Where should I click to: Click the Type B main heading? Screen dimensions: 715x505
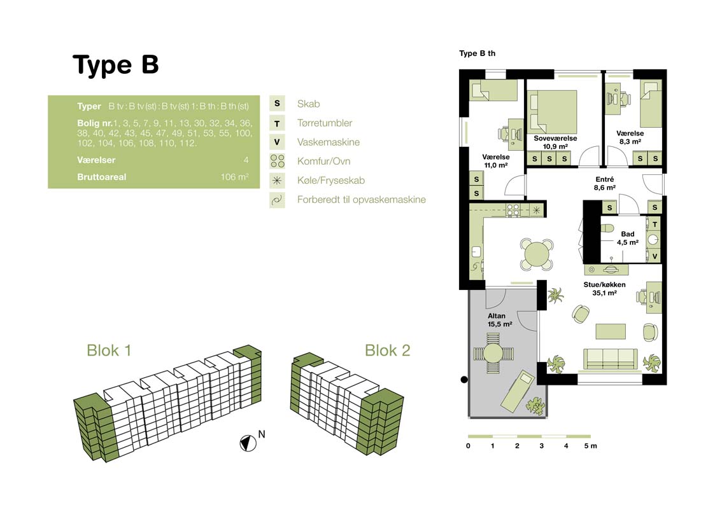[x=116, y=65]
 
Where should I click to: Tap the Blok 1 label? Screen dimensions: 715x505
[x=109, y=350]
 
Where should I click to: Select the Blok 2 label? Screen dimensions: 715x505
[x=388, y=350]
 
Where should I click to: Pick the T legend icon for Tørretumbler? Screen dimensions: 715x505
[x=277, y=123]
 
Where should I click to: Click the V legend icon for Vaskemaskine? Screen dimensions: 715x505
[x=277, y=142]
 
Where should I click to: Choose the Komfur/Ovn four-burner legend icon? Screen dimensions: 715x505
[x=277, y=161]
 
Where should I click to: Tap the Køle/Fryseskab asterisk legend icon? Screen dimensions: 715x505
[x=277, y=181]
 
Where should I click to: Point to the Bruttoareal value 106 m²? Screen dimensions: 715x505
[x=234, y=177]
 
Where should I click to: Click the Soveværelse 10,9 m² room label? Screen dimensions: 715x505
[x=555, y=142]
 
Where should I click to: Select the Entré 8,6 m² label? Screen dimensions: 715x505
[x=605, y=183]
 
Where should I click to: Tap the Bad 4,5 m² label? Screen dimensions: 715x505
[x=627, y=238]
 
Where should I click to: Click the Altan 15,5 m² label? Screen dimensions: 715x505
[x=500, y=320]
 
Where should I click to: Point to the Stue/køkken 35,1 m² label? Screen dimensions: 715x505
[x=605, y=289]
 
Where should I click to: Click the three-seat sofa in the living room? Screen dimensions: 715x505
[x=610, y=358]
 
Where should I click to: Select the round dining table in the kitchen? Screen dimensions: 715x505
[x=537, y=254]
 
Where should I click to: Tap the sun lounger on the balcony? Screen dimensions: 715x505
[x=518, y=391]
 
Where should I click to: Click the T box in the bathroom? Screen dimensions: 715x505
[x=655, y=225]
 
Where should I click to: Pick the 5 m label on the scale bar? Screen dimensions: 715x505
[x=590, y=446]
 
